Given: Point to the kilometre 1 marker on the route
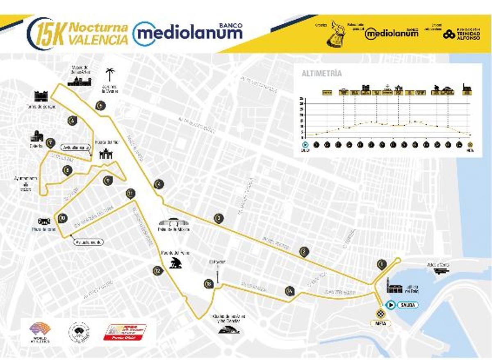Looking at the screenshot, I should [x=382, y=264].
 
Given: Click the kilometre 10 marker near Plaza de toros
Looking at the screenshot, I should [x=62, y=218].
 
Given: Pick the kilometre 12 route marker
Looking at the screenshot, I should [x=158, y=271].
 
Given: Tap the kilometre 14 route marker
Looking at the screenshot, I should [x=290, y=291].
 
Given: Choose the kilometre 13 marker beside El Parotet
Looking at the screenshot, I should [x=209, y=284].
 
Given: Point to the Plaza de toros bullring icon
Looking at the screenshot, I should [x=44, y=221].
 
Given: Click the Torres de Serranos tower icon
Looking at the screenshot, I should [x=41, y=96].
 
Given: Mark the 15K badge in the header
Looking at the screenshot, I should [x=46, y=34].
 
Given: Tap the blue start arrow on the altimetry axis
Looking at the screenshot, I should [x=305, y=144].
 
